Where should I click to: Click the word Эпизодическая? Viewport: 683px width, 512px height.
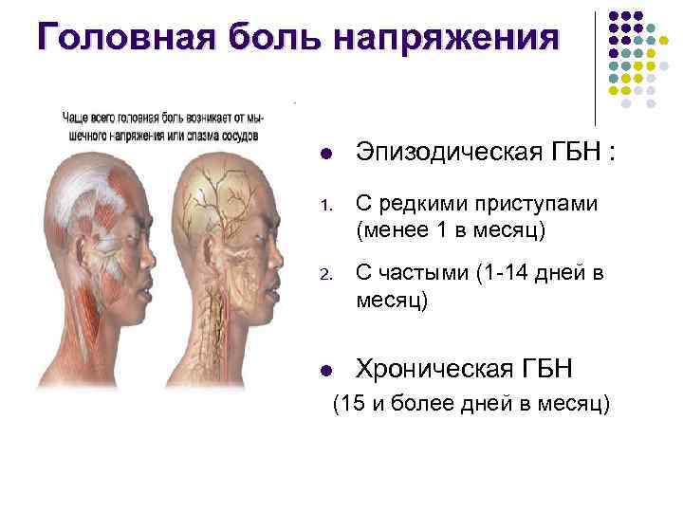(x=445, y=152)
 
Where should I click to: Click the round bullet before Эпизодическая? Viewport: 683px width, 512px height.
(x=324, y=153)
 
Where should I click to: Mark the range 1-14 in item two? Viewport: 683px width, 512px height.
(x=504, y=276)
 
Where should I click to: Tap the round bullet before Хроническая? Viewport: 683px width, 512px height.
(x=324, y=370)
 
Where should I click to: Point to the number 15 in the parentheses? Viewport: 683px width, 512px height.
(x=352, y=405)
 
